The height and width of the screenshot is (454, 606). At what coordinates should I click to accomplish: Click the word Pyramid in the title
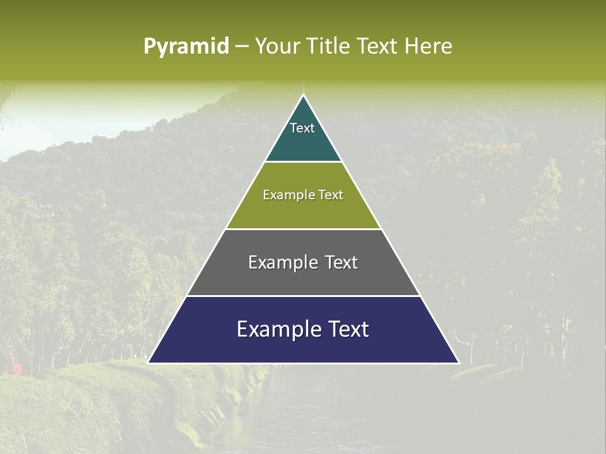point(186,47)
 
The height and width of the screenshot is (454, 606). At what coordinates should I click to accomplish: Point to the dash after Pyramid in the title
point(242,47)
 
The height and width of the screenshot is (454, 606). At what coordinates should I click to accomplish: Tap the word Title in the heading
point(326,47)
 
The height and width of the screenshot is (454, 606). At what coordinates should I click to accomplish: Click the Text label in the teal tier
point(302,128)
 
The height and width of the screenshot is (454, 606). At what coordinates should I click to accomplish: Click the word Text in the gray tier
point(342,262)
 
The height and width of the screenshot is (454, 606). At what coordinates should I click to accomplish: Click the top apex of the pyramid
point(304,96)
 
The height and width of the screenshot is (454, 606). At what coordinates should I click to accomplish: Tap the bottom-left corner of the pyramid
point(149,363)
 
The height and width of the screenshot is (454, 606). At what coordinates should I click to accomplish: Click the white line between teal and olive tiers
point(303,162)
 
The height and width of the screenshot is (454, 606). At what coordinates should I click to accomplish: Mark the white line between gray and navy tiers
point(303,296)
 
